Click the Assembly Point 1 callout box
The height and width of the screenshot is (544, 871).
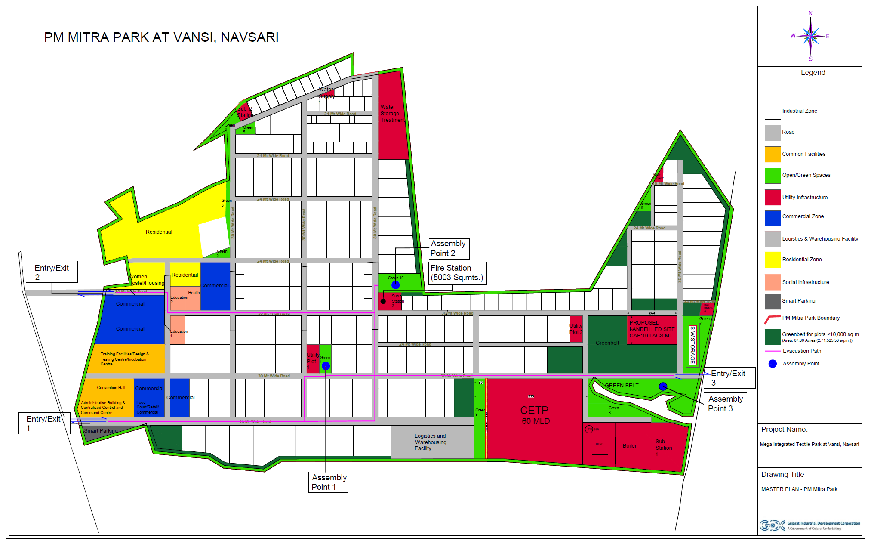(328, 482)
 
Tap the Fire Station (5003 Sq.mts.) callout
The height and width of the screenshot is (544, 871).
(457, 273)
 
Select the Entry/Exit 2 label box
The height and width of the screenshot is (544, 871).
(52, 272)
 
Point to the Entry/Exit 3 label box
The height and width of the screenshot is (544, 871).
(729, 377)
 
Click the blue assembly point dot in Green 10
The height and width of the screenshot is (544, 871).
(395, 285)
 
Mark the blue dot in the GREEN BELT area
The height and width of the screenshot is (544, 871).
(663, 386)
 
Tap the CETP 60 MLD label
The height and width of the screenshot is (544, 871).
(535, 415)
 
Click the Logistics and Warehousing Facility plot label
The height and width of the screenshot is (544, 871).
(431, 442)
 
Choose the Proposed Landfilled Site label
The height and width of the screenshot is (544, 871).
(652, 329)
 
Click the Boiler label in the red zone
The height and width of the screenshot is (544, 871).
(629, 446)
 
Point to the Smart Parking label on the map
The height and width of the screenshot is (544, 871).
(101, 431)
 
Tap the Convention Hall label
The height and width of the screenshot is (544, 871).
(111, 388)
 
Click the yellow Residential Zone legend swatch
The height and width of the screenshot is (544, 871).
(773, 260)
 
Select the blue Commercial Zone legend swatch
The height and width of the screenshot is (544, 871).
(773, 218)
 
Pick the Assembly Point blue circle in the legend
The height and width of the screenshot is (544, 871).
(773, 364)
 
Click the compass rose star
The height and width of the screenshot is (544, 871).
(810, 36)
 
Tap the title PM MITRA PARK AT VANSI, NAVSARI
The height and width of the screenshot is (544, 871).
(161, 37)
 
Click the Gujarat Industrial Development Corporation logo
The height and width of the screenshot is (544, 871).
(773, 525)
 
